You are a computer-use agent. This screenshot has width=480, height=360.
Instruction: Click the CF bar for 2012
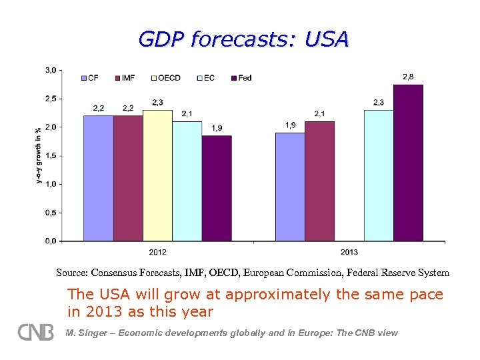[98, 178]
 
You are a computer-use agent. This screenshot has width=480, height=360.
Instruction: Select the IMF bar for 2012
[127, 178]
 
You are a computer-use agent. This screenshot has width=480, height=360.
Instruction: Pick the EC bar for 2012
[187, 181]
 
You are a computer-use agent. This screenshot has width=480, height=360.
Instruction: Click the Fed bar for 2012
[217, 188]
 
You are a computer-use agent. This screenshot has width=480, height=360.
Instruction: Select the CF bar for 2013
[290, 187]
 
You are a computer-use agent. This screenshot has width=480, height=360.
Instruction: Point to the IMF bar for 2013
[319, 181]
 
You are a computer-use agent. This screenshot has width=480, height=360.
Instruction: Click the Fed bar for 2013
[408, 163]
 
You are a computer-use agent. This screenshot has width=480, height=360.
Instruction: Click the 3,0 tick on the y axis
[50, 69]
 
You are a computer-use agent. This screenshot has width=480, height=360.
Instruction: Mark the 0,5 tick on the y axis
[50, 213]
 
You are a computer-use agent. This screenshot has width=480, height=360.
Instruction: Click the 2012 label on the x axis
[157, 251]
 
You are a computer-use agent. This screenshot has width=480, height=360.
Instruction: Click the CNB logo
[35, 332]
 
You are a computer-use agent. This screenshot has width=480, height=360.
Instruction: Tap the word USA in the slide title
[326, 39]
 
